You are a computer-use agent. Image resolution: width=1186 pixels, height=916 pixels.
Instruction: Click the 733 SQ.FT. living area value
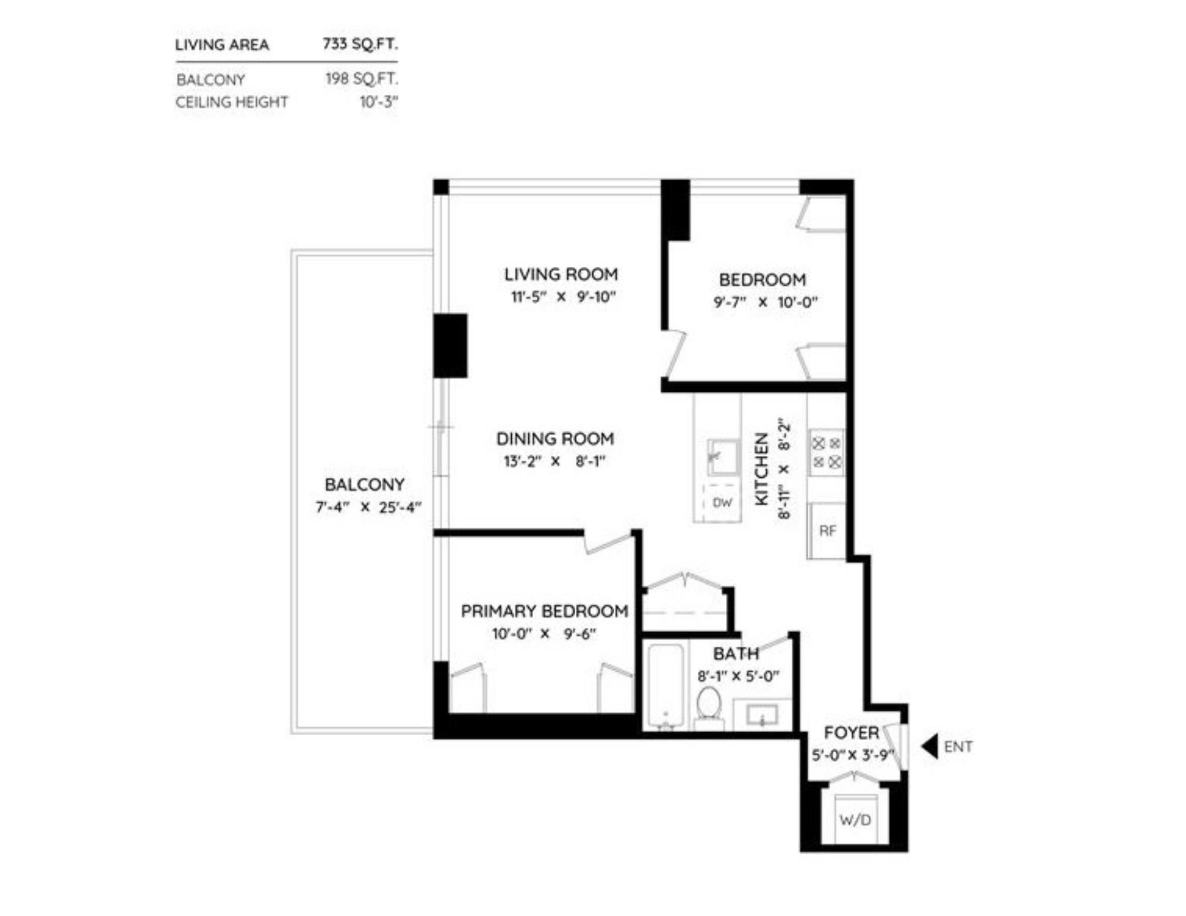pos(360,44)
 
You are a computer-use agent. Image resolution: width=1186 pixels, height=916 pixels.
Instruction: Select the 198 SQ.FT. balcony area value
pos(361,79)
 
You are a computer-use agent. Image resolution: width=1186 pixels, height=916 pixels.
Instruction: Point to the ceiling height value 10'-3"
pos(378,102)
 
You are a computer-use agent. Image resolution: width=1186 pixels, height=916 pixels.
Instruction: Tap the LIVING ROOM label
pos(560,275)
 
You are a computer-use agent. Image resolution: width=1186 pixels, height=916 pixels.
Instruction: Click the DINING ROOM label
pos(554,439)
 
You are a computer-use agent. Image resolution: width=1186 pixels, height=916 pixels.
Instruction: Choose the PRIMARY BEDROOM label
pos(544,611)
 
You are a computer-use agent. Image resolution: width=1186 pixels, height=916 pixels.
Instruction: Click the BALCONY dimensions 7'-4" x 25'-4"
pos(368,508)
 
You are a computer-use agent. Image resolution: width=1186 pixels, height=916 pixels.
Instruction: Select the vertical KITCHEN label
pos(761,468)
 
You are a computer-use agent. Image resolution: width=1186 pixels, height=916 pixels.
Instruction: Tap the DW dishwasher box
pos(722,503)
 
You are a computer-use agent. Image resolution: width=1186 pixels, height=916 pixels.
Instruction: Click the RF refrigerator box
pos(827,531)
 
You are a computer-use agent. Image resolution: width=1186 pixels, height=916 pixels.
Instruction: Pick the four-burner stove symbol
pos(827,453)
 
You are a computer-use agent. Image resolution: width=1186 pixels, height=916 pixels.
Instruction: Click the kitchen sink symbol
pos(723,457)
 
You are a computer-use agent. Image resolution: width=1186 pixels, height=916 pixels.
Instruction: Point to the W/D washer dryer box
pos(855,820)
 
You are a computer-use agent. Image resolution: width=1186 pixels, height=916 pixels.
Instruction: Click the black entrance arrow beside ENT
pos(930,746)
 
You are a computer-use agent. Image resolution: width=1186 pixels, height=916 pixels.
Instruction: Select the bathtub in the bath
pos(665,685)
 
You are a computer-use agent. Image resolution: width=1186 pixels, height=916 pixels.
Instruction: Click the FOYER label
pos(851,733)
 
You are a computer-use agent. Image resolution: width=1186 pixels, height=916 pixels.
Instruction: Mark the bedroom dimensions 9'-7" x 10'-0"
pos(765,302)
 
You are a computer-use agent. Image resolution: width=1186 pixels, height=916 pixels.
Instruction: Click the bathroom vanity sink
pos(762,715)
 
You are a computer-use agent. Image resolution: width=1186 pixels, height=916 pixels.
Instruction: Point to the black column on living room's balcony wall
pos(450,346)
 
